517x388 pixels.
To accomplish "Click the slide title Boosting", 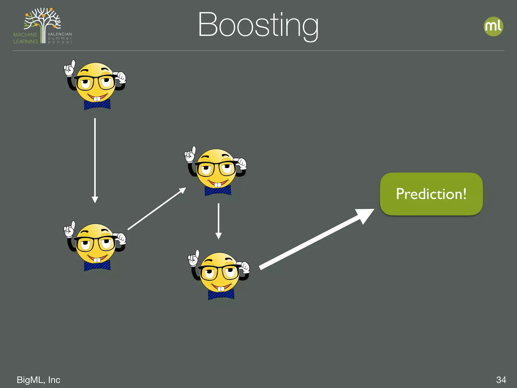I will pyautogui.click(x=258, y=25).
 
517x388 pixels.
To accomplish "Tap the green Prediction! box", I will pyautogui.click(x=431, y=194).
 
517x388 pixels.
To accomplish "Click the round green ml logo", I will pyautogui.click(x=493, y=27).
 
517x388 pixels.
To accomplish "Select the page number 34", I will pyautogui.click(x=501, y=380).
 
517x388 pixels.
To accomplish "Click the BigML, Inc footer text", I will pyautogui.click(x=38, y=380).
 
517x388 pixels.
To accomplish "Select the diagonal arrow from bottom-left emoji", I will pyautogui.click(x=157, y=209).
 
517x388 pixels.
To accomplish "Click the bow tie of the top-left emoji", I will pyautogui.click(x=97, y=105).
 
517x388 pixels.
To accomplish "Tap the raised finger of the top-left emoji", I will pyautogui.click(x=73, y=64).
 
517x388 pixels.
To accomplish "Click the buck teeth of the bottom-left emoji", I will pyautogui.click(x=97, y=260).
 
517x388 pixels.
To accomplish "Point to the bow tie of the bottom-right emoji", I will pyautogui.click(x=221, y=294).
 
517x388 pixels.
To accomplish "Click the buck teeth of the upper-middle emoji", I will pyautogui.click(x=218, y=185).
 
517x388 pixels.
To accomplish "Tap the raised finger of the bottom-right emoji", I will pyautogui.click(x=197, y=254).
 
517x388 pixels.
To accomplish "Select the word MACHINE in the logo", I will pyautogui.click(x=25, y=35).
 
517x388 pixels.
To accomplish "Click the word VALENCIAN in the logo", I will pyautogui.click(x=60, y=34).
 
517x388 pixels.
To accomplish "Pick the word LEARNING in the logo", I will pyautogui.click(x=25, y=41).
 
